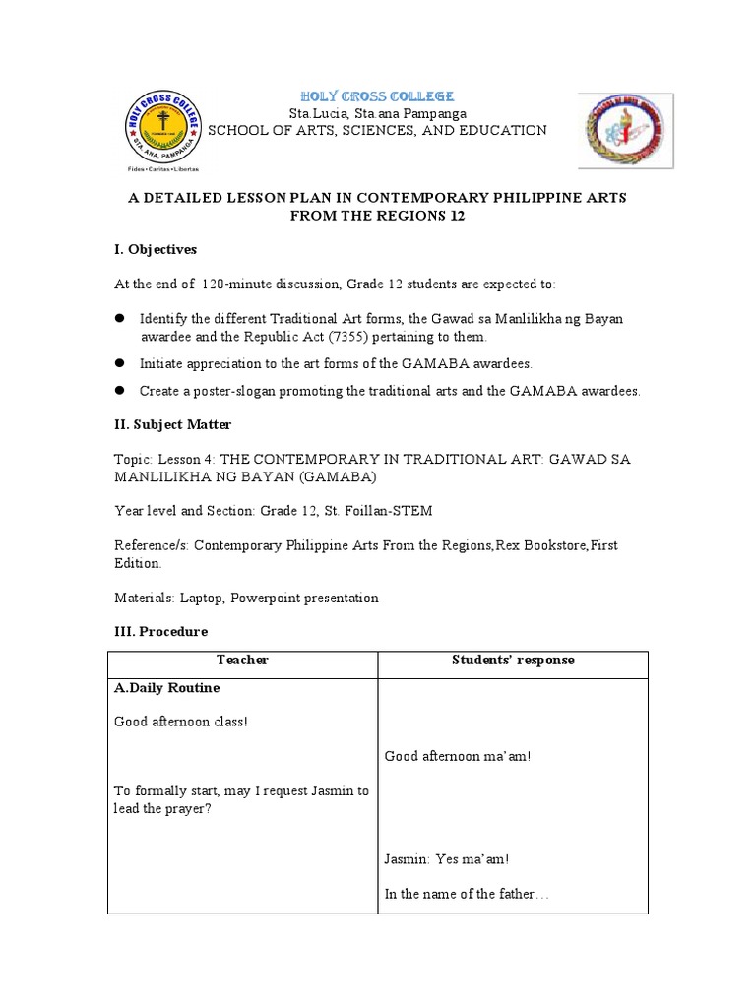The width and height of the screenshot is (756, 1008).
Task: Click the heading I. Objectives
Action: [x=156, y=249]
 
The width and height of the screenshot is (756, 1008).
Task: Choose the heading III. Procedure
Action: [x=160, y=631]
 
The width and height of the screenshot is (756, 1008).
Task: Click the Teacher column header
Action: [x=242, y=661]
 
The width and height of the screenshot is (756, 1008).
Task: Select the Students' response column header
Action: [x=512, y=661]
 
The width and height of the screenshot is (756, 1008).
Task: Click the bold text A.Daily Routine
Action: [x=167, y=688]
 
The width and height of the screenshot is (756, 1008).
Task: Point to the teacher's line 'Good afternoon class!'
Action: [x=181, y=722]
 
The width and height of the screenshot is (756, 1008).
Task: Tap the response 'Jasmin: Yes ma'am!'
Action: [x=446, y=859]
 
